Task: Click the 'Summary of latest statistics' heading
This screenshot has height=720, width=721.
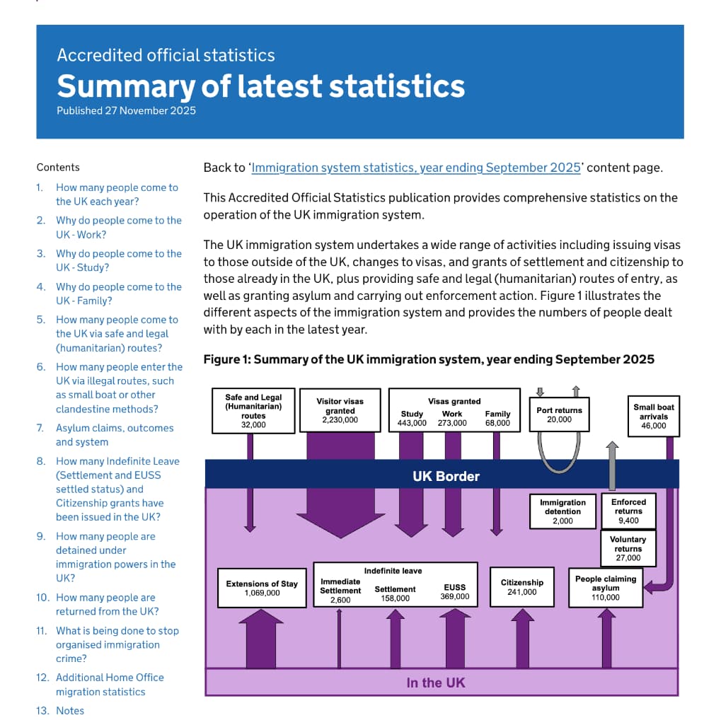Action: click(x=260, y=86)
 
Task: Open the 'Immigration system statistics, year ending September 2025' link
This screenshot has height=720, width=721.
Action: click(x=416, y=168)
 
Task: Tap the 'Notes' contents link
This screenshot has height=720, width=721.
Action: click(x=69, y=711)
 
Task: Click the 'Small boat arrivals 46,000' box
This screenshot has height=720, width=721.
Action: click(x=653, y=417)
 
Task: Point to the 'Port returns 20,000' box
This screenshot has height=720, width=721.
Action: click(x=559, y=414)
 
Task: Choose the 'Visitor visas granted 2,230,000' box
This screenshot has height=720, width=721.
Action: click(x=340, y=410)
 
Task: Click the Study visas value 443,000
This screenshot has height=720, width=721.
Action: click(x=412, y=423)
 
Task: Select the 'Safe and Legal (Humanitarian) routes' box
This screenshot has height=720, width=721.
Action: click(x=253, y=411)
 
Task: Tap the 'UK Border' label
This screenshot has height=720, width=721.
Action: click(x=446, y=476)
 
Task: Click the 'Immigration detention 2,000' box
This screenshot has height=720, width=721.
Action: click(x=563, y=511)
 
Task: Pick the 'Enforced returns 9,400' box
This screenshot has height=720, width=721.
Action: click(x=628, y=511)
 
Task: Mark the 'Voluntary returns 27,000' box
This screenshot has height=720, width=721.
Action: click(x=628, y=549)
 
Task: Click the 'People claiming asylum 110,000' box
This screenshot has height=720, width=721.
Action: click(x=605, y=588)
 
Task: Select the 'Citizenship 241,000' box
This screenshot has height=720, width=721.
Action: click(x=521, y=587)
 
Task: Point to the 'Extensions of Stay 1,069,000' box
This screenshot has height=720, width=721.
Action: click(x=262, y=588)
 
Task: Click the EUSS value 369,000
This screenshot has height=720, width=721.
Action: click(x=454, y=596)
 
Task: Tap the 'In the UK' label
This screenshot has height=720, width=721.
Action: click(x=435, y=683)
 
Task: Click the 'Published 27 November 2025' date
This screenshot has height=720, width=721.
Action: click(x=126, y=110)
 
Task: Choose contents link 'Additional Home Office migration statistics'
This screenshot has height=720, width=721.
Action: click(x=110, y=685)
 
